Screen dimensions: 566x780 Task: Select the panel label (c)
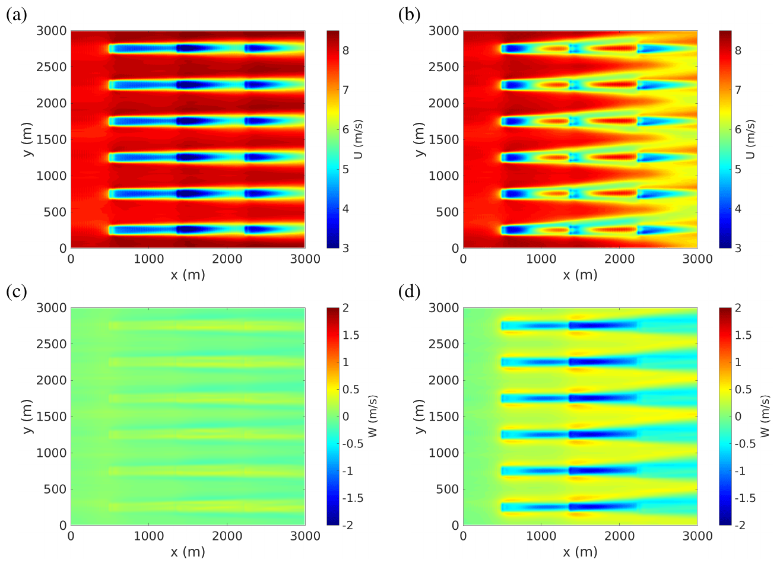[17, 292]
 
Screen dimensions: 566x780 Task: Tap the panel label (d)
[409, 292]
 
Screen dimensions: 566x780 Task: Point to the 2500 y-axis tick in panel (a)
[52, 67]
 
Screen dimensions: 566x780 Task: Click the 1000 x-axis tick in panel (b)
[541, 259]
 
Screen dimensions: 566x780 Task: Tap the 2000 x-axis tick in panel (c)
[227, 536]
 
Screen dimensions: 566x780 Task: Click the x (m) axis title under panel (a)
[188, 275]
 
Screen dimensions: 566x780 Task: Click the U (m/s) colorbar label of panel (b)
[752, 139]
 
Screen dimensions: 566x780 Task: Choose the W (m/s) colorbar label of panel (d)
[765, 416]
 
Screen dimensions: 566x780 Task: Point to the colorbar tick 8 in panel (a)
[345, 50]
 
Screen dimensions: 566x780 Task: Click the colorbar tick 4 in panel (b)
[738, 209]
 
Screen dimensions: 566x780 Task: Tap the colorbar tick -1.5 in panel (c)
[354, 498]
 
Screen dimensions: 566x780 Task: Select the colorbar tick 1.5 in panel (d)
[743, 335]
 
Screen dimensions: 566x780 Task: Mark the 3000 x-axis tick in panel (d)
[697, 536]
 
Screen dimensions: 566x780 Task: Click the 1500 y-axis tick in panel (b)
[444, 139]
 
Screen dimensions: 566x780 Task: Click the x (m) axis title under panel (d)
[580, 552]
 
